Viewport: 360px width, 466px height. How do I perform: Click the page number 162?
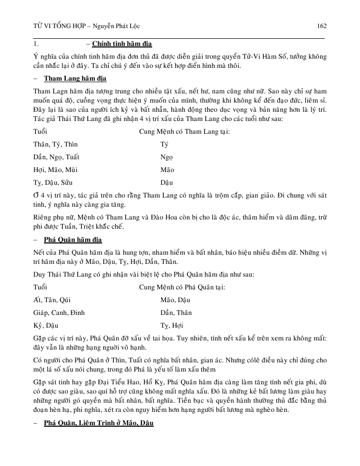[x=322, y=26]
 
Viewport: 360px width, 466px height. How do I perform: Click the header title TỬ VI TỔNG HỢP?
[x=57, y=26]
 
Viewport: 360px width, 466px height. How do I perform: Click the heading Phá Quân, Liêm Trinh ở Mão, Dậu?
[x=99, y=423]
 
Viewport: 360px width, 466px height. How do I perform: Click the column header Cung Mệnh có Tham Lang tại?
[x=184, y=132]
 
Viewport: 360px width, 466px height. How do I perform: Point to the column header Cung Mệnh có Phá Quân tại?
[x=182, y=287]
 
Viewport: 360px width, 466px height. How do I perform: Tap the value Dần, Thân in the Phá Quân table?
[x=176, y=312]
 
